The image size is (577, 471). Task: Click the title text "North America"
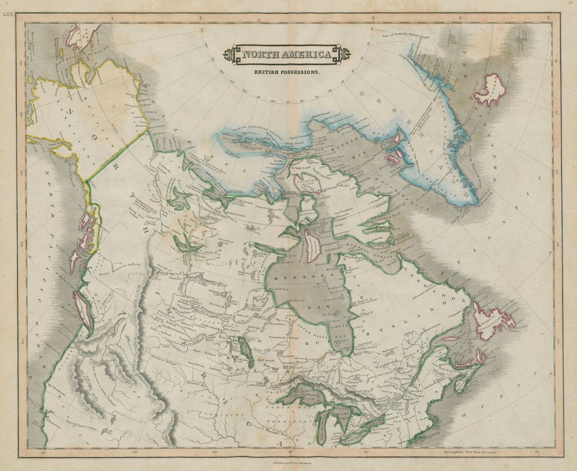pos(287,55)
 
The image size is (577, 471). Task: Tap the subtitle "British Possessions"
pos(287,73)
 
